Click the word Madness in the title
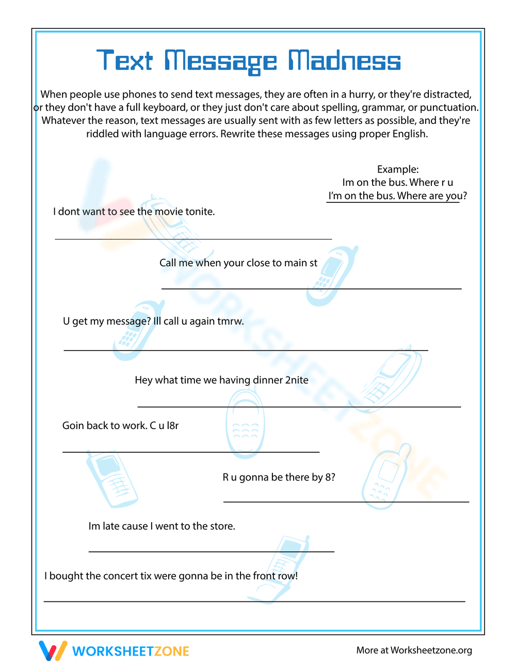click(x=344, y=61)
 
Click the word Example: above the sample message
click(x=398, y=169)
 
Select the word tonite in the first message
click(x=199, y=212)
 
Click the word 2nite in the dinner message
click(x=297, y=380)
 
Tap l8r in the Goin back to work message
click(x=172, y=426)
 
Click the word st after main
click(x=313, y=263)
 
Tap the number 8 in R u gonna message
click(x=328, y=478)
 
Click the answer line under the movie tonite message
click(x=193, y=239)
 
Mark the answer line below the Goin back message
click(x=191, y=452)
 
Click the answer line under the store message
click(x=212, y=551)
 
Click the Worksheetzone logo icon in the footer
click(x=53, y=650)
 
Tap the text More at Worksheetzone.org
click(x=414, y=650)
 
